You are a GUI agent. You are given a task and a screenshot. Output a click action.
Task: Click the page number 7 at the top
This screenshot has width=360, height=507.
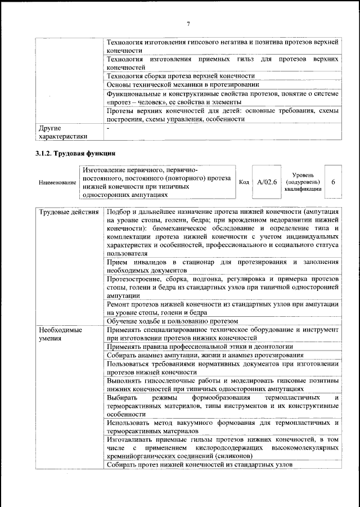[x=188, y=23]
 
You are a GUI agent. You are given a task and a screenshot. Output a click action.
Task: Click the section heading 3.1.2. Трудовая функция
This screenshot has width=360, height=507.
[x=75, y=152]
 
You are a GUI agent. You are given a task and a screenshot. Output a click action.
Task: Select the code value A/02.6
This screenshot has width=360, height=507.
[x=267, y=182]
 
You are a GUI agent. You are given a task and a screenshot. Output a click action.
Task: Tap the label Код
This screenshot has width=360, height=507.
[x=244, y=182]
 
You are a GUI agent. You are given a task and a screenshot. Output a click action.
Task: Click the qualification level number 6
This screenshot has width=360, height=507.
[x=334, y=182]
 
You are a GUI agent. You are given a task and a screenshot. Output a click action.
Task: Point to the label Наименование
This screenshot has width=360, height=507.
[x=57, y=182]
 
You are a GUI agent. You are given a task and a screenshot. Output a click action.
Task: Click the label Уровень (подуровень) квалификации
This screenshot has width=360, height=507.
[x=304, y=182]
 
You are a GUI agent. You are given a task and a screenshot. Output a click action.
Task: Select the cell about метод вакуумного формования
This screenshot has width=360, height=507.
[x=222, y=427]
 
